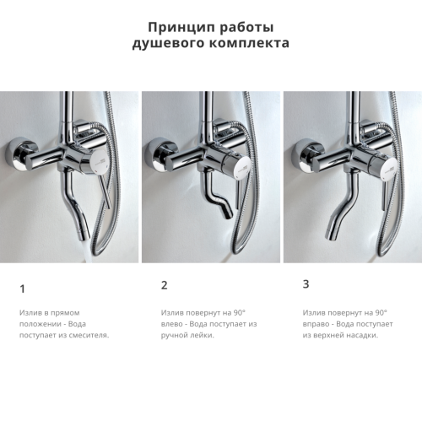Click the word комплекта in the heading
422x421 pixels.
coord(251,43)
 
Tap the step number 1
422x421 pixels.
coord(22,289)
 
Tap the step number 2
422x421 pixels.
coord(164,285)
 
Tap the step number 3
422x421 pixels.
coord(306,283)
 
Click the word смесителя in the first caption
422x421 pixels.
coord(87,335)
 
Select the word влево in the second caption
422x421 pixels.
coord(173,323)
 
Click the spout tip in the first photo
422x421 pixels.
coord(82,239)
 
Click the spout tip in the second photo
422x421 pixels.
coord(226,216)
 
